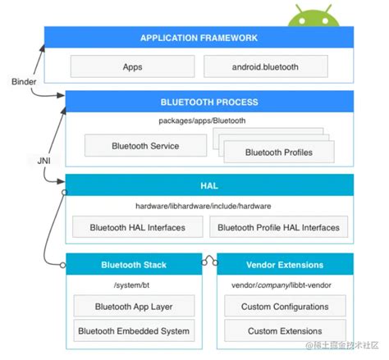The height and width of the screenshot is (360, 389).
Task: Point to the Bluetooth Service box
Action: pos(145,146)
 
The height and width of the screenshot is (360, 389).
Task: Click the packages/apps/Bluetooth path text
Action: pos(203,121)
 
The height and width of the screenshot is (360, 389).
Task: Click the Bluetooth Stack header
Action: pos(133,265)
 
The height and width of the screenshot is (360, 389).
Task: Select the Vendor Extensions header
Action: pos(284,265)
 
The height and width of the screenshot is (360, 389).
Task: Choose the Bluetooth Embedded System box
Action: pos(134,331)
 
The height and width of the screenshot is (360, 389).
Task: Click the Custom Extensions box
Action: pos(284,331)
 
